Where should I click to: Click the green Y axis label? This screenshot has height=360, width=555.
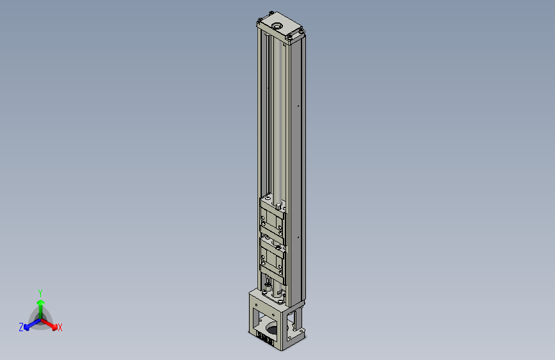click(x=40, y=291)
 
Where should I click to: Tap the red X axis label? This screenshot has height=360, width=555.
click(x=60, y=328)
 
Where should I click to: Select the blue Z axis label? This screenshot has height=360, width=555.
click(x=21, y=327)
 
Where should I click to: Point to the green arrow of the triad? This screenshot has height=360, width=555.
click(x=40, y=304)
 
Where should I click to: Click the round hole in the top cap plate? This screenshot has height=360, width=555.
click(x=277, y=26)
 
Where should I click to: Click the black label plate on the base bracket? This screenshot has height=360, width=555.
click(x=265, y=338)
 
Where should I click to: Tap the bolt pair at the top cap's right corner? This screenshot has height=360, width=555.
click(x=298, y=32)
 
